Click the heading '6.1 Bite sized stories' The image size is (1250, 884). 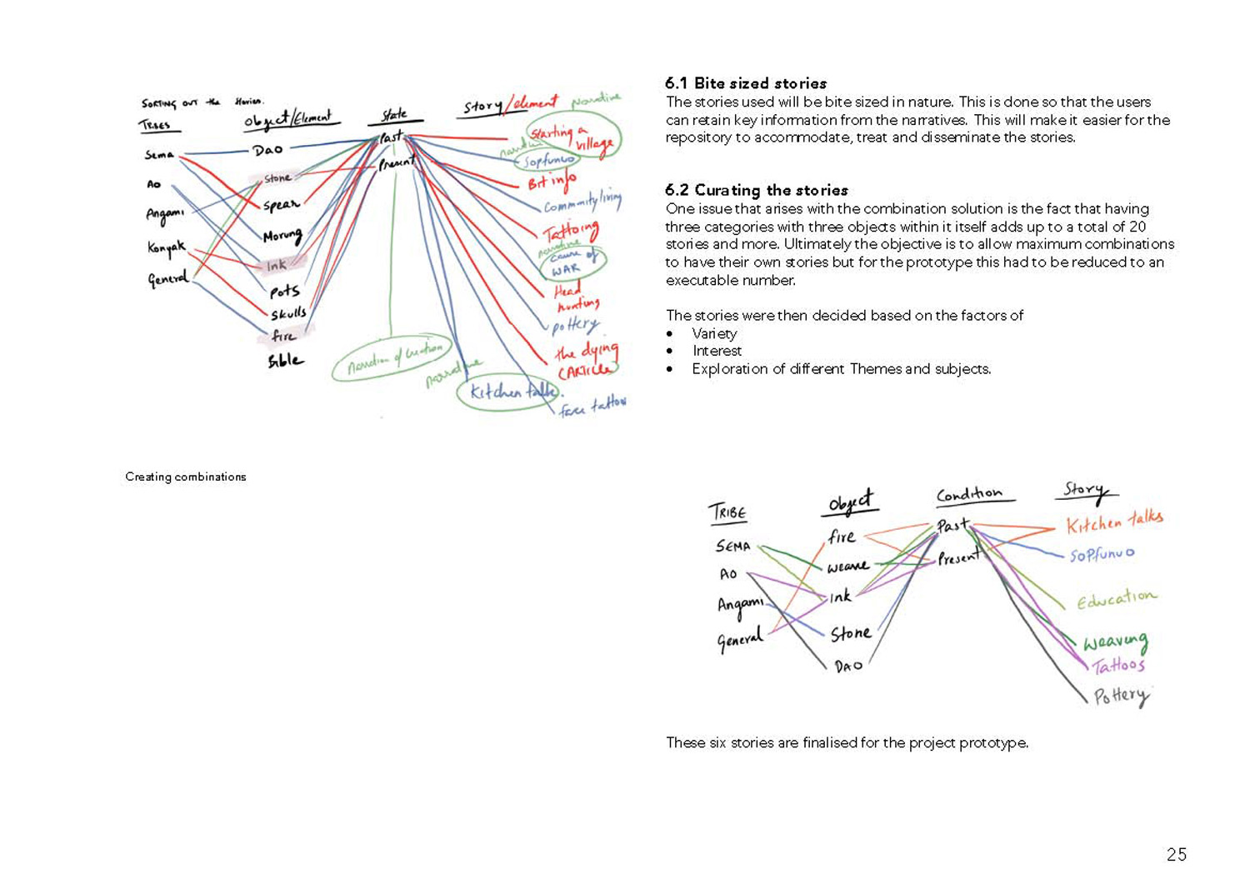pos(746,83)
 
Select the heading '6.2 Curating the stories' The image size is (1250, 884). pos(756,190)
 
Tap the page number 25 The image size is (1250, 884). pos(1176,854)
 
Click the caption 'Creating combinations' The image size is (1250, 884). pos(186,477)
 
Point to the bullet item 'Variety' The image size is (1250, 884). pos(714,333)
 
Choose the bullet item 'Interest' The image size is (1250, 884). pos(717,351)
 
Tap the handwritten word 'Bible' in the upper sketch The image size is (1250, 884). pos(285,361)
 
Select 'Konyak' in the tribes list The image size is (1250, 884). pos(167,247)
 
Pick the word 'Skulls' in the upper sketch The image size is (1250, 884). pos(288,313)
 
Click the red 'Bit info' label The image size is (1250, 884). pos(551,180)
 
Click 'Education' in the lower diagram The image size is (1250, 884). pos(1116,598)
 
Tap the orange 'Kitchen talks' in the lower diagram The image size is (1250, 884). pos(1114,522)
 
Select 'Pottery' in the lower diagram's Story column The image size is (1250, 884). pos(1122,696)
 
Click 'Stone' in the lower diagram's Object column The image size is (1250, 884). pos(851,634)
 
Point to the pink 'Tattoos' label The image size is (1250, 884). pos(1118,665)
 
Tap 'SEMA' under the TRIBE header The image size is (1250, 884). pos(733,547)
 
